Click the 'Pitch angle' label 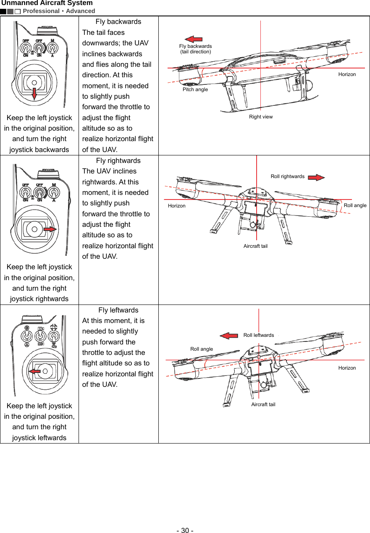point(195,89)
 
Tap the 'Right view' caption point(261,117)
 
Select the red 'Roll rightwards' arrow point(316,177)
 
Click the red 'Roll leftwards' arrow point(229,336)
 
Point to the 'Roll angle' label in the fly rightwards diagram point(355,205)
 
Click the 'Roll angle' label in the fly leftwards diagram point(202,349)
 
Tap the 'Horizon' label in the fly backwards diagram point(347,74)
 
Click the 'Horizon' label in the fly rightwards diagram point(176,206)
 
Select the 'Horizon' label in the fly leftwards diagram point(347,368)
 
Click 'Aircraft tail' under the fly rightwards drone point(255,246)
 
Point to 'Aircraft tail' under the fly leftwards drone point(263,404)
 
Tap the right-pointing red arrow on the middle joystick point(50,229)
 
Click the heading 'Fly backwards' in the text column point(118,21)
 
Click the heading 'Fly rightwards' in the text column point(118,160)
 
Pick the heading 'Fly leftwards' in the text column point(118,310)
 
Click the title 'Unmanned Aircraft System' point(47,3)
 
